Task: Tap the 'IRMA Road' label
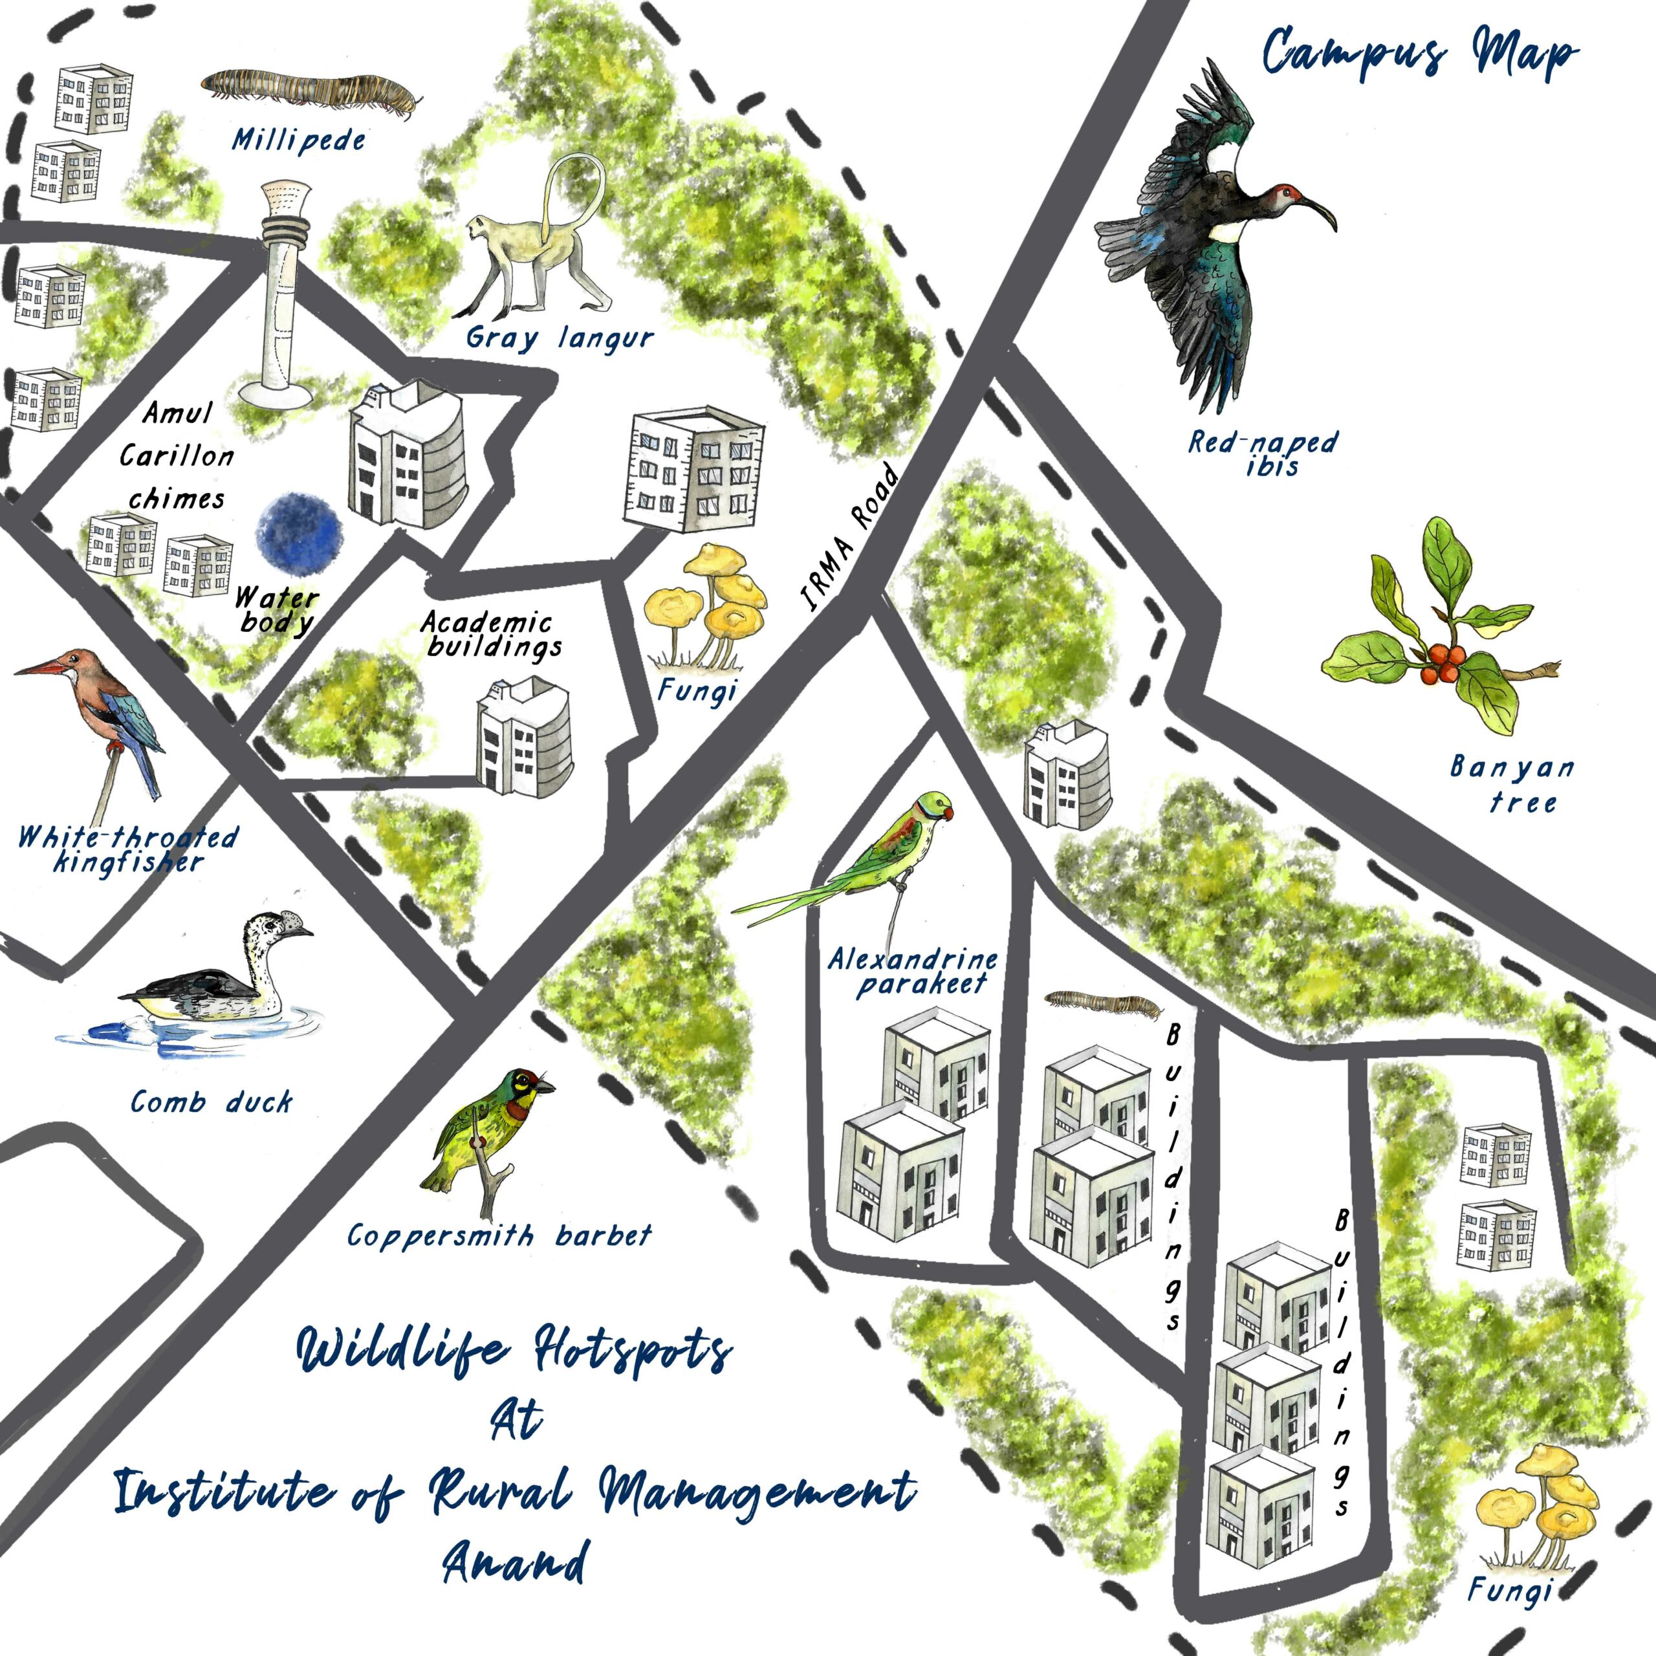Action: (849, 538)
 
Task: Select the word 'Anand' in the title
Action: (516, 1562)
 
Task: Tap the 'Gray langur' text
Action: (559, 338)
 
